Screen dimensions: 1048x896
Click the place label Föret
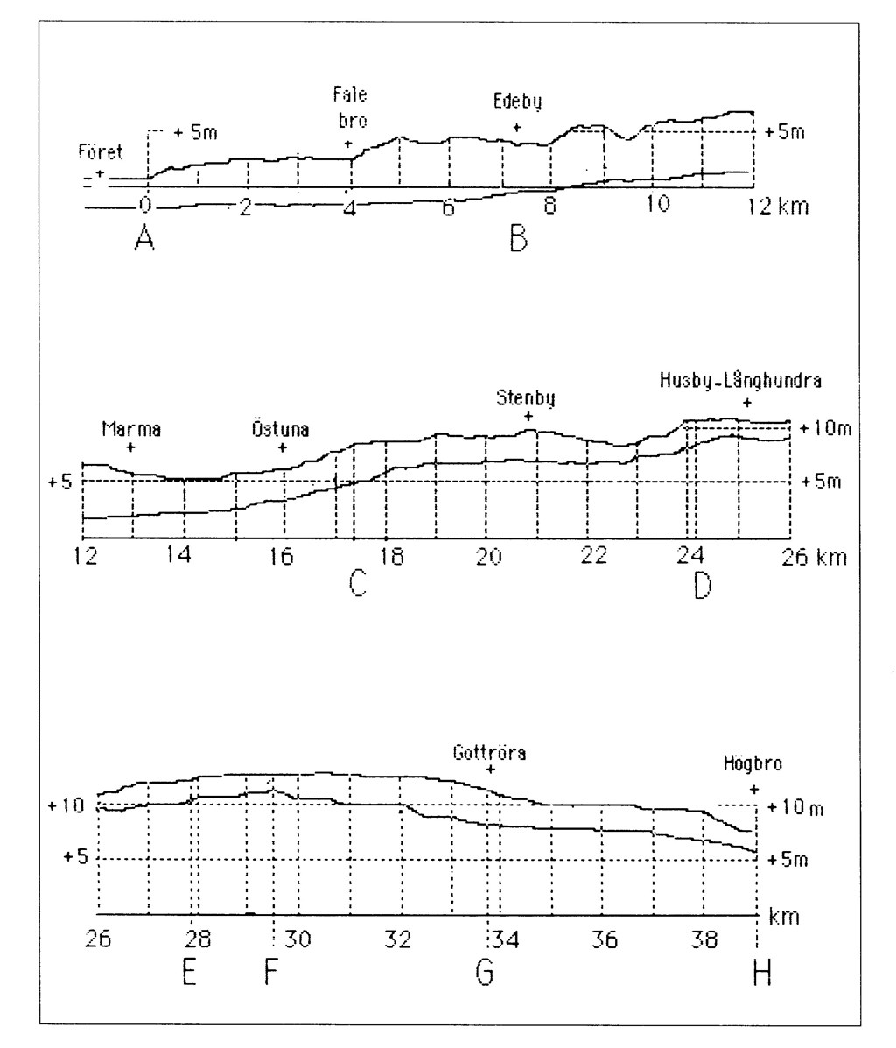click(101, 153)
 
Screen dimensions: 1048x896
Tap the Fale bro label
click(350, 107)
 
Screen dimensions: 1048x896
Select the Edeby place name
click(517, 102)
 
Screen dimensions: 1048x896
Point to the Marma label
click(131, 429)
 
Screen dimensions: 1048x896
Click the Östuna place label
click(282, 429)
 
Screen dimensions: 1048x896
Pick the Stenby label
click(528, 399)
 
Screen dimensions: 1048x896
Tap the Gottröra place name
click(489, 752)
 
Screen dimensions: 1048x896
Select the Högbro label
click(752, 763)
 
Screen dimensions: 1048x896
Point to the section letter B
click(519, 238)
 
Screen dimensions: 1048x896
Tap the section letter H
click(761, 973)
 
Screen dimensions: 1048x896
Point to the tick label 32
click(399, 941)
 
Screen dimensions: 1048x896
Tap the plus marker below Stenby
click(528, 416)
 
